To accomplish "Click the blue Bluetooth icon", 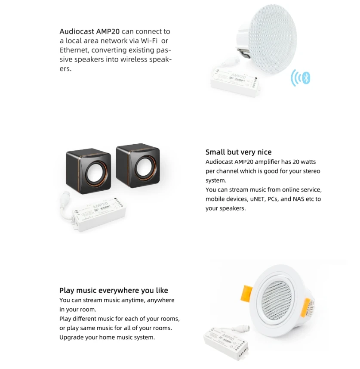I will coord(306,78).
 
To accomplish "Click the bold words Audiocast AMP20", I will coord(89,31).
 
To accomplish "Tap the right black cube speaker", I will coord(138,166).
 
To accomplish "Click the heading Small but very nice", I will coord(238,152).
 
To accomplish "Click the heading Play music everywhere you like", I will coord(114,291).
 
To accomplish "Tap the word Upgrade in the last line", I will coord(71,337).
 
